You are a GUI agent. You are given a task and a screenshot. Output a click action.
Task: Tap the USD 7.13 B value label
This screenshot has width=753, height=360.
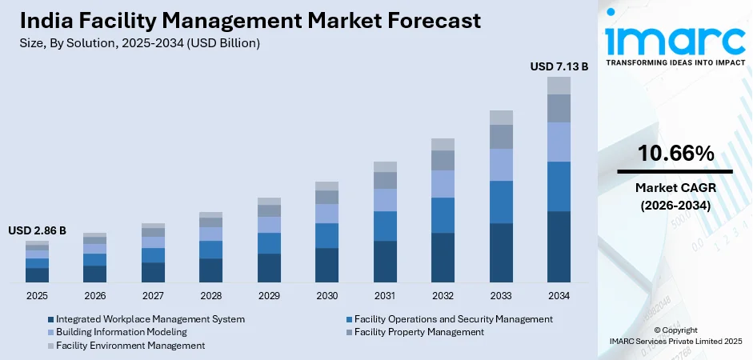pyautogui.click(x=559, y=67)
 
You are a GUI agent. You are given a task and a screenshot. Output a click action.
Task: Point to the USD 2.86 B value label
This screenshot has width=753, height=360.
pyautogui.click(x=37, y=230)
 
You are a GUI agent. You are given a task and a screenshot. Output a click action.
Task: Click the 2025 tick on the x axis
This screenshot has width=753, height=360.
pyautogui.click(x=37, y=296)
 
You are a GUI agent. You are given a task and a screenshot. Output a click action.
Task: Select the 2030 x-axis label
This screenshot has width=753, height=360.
pyautogui.click(x=326, y=296)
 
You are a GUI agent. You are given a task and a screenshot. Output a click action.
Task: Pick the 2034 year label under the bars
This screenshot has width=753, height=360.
pyautogui.click(x=559, y=296)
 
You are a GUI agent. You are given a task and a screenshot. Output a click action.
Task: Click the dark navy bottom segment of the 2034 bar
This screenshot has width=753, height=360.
pyautogui.click(x=559, y=247)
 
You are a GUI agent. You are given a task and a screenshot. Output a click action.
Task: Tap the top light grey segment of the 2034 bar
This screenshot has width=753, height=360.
pyautogui.click(x=559, y=86)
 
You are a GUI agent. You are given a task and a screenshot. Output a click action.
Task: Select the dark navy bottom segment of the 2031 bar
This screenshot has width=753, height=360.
pyautogui.click(x=385, y=262)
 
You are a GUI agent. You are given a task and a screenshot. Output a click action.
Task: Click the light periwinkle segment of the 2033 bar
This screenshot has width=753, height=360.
pyautogui.click(x=501, y=165)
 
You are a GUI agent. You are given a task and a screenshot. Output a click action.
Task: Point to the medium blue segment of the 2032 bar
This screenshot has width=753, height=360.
pyautogui.click(x=443, y=215)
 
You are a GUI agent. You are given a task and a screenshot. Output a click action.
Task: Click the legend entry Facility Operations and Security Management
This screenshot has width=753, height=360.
pyautogui.click(x=453, y=318)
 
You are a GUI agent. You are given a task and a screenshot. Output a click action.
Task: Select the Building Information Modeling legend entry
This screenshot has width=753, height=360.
pyautogui.click(x=121, y=331)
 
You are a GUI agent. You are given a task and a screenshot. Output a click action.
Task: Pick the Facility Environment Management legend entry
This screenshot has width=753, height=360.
pyautogui.click(x=130, y=345)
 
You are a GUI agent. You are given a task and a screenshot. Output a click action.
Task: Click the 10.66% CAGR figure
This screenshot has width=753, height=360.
pyautogui.click(x=675, y=154)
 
